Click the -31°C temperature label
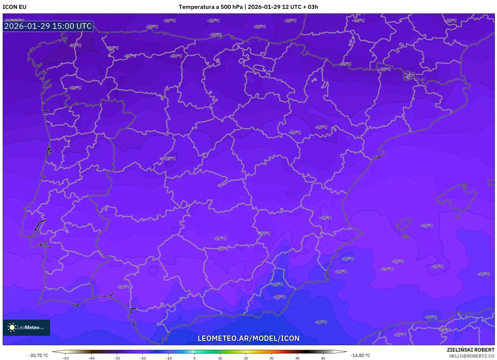click(75, 45)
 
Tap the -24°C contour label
click(295, 132)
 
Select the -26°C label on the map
click(321, 127)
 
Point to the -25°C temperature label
click(170, 158)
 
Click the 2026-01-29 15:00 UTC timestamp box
click(48, 26)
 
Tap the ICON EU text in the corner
click(15, 7)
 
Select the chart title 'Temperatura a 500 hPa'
click(211, 7)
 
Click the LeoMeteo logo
click(26, 327)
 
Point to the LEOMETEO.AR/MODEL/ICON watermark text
click(248, 338)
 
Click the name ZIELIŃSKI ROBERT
click(470, 350)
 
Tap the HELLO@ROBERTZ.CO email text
click(472, 356)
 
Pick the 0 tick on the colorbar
click(194, 358)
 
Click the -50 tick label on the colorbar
click(65, 358)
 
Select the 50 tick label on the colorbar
click(323, 358)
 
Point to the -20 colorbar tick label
click(143, 358)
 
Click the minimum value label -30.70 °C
click(38, 355)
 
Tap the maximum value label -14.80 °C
click(360, 355)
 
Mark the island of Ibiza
click(404, 224)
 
